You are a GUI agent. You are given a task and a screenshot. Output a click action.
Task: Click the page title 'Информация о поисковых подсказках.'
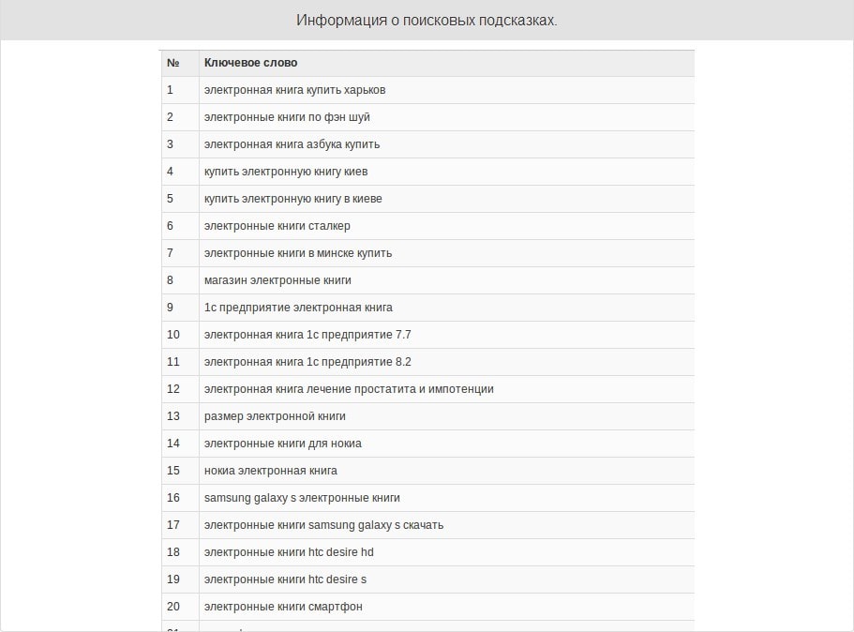pos(427,20)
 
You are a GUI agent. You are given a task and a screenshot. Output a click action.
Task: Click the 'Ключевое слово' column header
pos(250,63)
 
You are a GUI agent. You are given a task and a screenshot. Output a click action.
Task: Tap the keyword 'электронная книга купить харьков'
pos(294,90)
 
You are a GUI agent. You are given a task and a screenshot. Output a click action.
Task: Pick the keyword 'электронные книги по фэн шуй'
pos(287,117)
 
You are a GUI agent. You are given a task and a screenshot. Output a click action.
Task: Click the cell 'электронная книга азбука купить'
pos(292,144)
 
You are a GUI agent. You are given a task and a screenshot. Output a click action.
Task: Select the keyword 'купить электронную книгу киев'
pos(286,172)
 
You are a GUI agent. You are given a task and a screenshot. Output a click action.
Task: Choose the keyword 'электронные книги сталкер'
pos(277,226)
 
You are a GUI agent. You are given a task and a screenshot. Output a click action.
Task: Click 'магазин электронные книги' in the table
pos(277,280)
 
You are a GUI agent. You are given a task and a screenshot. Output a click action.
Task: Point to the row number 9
pos(171,308)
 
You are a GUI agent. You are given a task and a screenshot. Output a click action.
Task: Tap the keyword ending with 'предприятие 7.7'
pos(307,335)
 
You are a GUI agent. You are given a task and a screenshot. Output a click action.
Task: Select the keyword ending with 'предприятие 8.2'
pos(307,362)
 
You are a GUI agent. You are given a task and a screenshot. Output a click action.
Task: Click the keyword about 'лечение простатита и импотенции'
pos(349,389)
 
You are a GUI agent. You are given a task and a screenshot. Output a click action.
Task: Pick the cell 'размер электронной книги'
pos(275,416)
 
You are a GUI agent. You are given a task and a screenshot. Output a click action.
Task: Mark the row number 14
pos(173,444)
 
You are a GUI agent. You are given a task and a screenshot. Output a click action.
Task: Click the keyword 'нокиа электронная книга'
pos(270,471)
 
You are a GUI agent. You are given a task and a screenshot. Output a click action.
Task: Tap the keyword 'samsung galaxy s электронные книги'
pos(302,498)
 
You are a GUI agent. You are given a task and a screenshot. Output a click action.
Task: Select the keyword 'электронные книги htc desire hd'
pos(289,552)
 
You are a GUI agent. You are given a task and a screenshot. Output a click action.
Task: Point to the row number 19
pos(173,579)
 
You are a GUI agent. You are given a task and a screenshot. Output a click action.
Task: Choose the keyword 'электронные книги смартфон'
pos(283,607)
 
